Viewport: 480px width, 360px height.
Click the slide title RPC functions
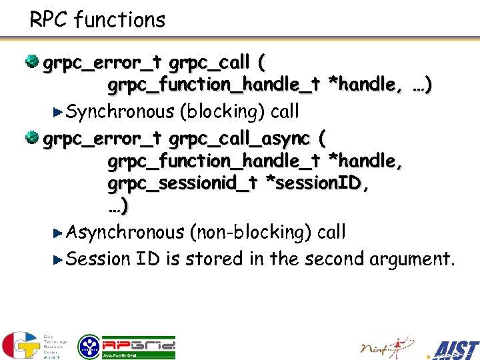(97, 20)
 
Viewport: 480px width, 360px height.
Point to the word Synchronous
(121, 111)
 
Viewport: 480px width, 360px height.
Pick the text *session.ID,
(317, 184)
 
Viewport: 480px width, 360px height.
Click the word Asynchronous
(125, 232)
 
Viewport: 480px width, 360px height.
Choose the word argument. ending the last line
(411, 259)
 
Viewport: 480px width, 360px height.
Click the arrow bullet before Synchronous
(57, 112)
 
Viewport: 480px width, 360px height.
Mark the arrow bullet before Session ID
(57, 259)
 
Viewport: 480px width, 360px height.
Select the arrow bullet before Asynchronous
(57, 233)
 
